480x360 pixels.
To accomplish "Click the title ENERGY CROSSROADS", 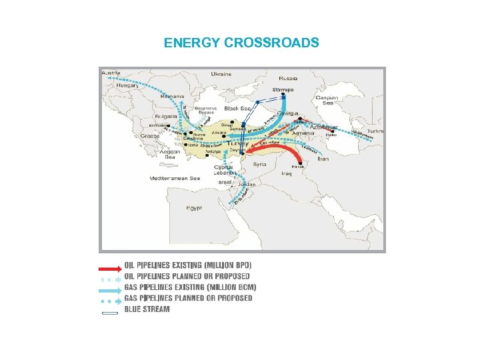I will click(x=241, y=43).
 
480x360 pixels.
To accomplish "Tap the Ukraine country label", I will click(x=222, y=74).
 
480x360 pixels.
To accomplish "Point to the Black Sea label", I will click(x=237, y=107).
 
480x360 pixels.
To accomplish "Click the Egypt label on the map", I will click(x=194, y=208).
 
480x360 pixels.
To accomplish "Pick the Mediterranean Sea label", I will click(x=175, y=179).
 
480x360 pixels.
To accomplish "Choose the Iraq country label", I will click(x=287, y=173).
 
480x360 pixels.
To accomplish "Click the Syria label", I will click(x=259, y=164).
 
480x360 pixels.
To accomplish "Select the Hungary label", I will click(x=127, y=86).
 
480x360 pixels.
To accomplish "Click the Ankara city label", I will click(x=219, y=133).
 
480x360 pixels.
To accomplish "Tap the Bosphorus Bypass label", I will click(x=205, y=110).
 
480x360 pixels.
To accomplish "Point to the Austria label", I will click(x=111, y=72).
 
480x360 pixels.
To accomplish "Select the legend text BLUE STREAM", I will click(x=147, y=309).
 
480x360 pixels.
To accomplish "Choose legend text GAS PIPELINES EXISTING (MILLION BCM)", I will click(x=190, y=287).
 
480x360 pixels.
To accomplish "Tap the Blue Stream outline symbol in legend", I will click(x=110, y=311).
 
